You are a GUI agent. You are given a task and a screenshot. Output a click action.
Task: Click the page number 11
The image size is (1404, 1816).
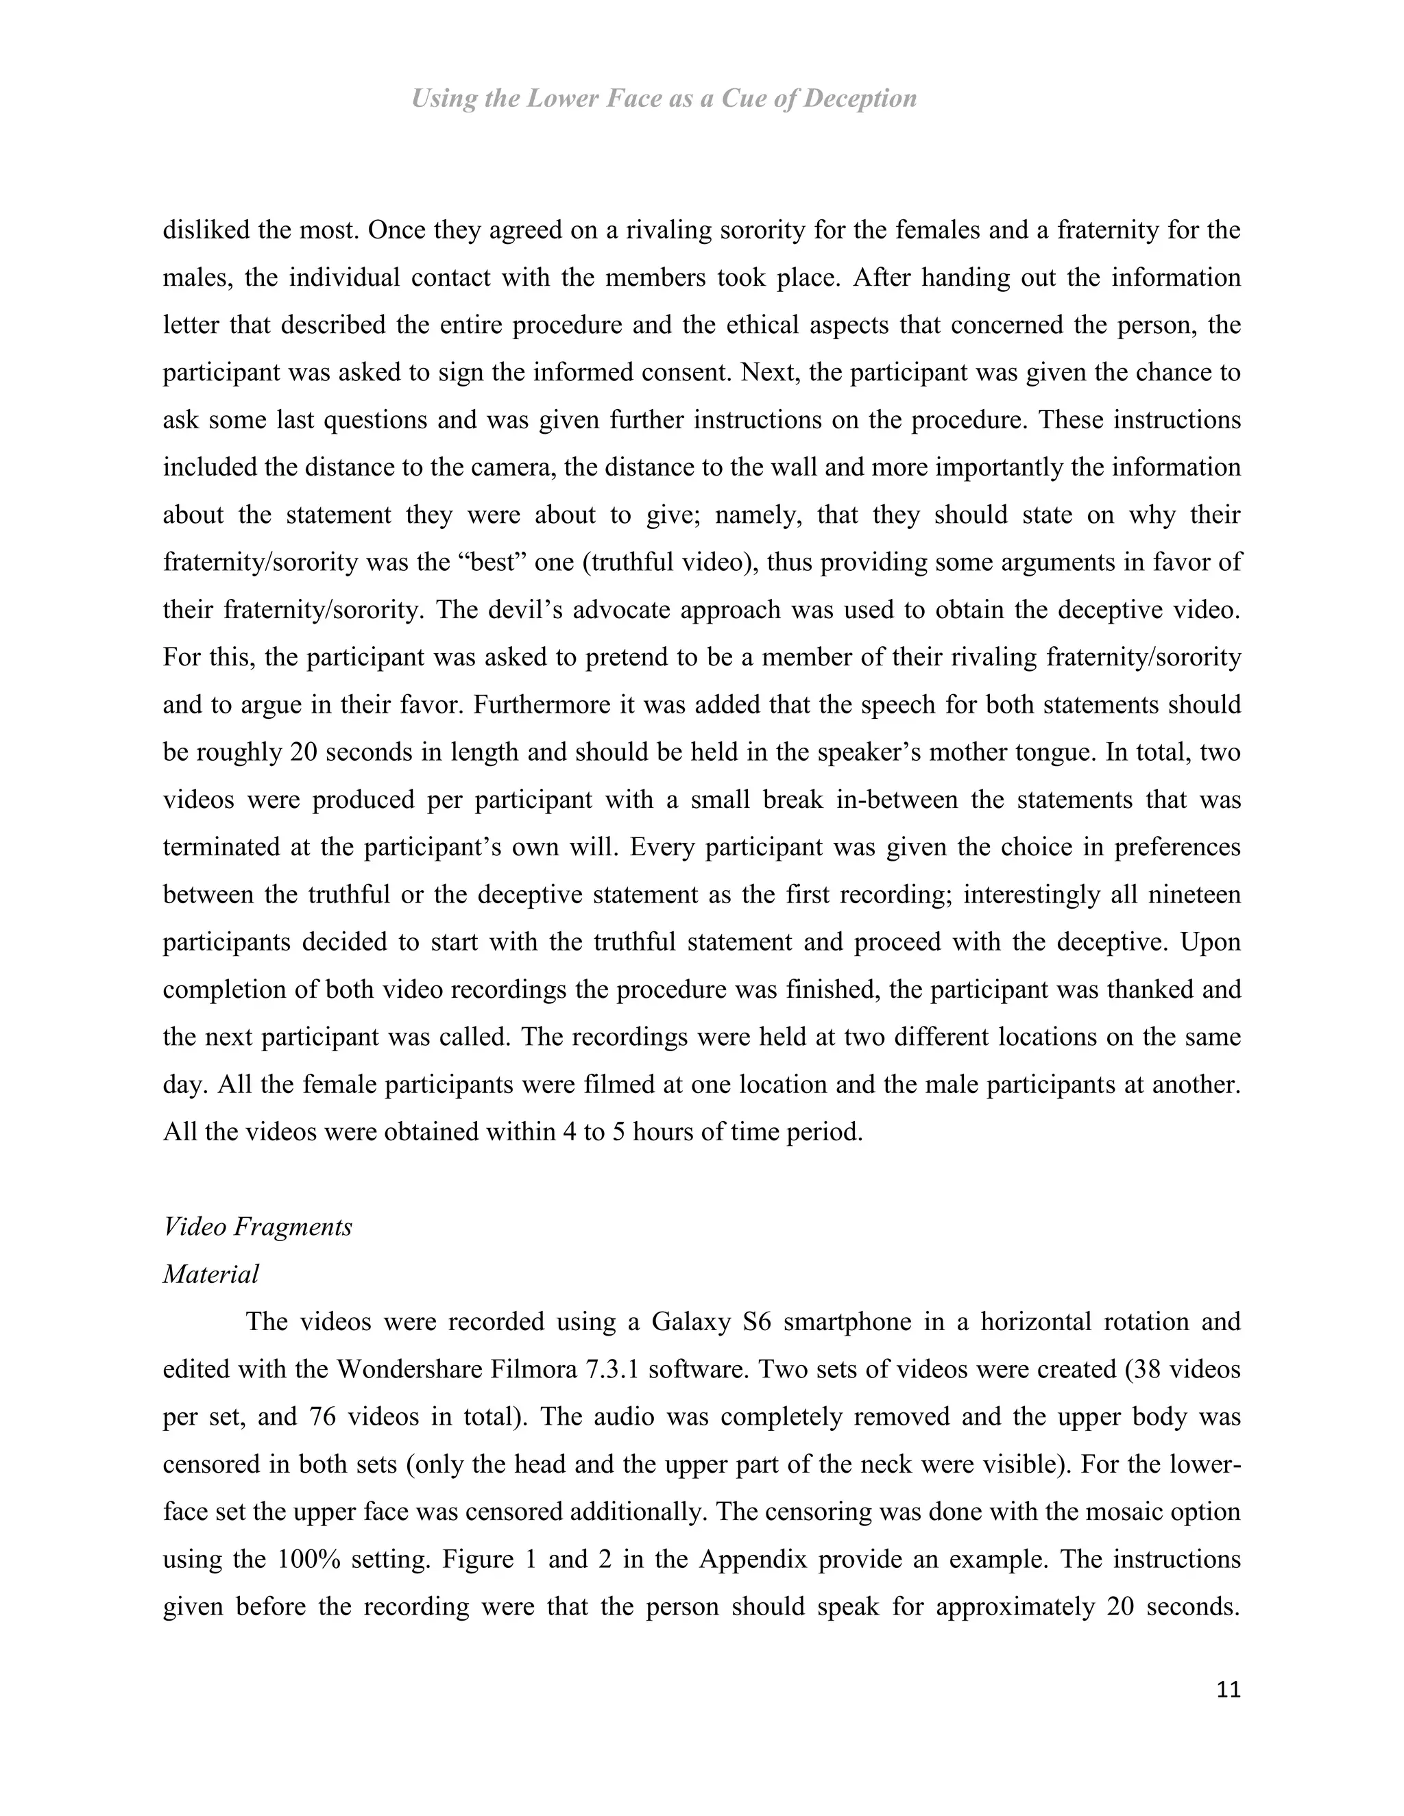pos(1228,1691)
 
